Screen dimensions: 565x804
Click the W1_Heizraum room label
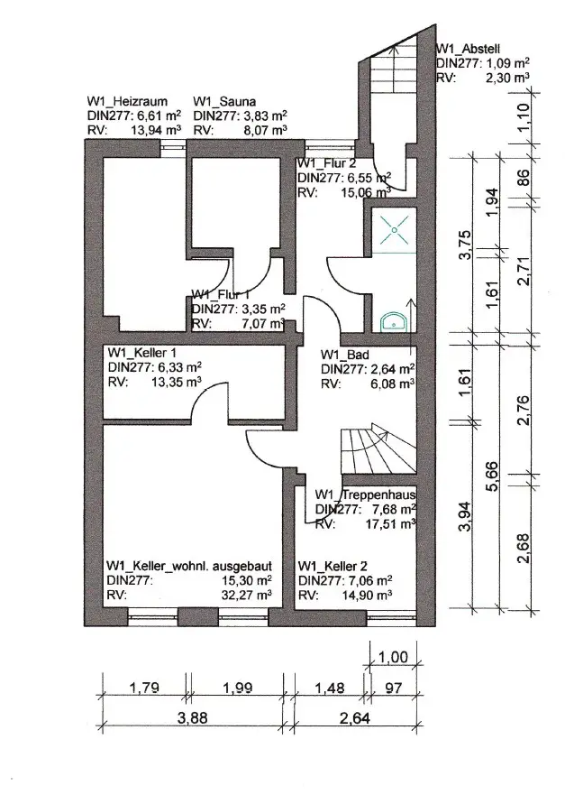(x=126, y=102)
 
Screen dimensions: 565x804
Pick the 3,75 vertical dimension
(x=465, y=246)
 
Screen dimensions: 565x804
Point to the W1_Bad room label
(x=346, y=354)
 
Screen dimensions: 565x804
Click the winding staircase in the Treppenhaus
(x=378, y=448)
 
